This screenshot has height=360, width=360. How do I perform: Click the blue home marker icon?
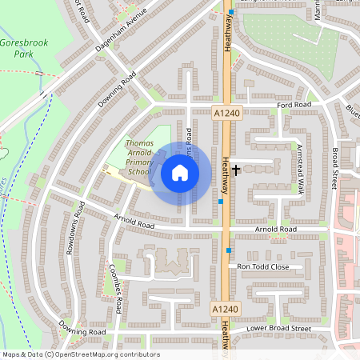pos(180,173)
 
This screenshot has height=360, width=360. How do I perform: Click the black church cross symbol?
pos(237,170)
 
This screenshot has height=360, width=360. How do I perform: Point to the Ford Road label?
pos(294,105)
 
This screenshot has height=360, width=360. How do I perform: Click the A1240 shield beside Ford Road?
pos(226,114)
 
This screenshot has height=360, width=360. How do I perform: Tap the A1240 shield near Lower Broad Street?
pos(226,308)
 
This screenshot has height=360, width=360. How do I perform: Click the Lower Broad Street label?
pos(278,328)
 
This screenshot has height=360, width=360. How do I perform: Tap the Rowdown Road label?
pos(79,220)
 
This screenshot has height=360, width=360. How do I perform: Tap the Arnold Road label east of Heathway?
pos(275,230)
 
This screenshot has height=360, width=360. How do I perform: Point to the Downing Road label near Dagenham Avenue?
pos(118,90)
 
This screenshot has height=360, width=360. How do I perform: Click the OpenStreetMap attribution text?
pos(81,354)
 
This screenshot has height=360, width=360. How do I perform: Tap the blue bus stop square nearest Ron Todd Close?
pos(230,250)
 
